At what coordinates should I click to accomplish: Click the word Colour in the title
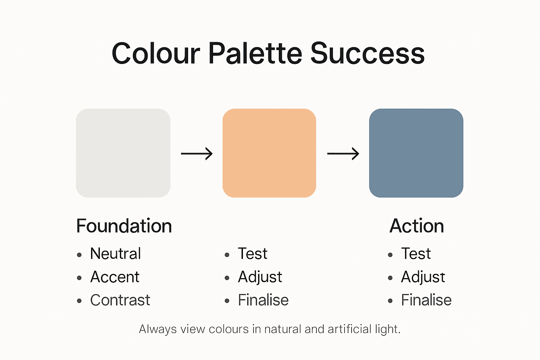pos(156,54)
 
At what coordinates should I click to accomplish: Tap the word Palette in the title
pos(255,54)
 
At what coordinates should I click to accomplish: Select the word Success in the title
pos(367,54)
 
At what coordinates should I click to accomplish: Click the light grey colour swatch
pos(123,153)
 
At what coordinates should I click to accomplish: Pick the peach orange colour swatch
pos(269,153)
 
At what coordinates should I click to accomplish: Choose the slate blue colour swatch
pos(416,153)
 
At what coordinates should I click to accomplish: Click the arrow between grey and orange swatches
pos(197,154)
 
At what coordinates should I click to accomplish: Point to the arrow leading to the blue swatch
pos(343,154)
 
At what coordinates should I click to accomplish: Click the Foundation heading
pos(124,226)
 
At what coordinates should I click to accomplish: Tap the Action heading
pos(417,226)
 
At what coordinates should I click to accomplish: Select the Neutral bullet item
pos(115,253)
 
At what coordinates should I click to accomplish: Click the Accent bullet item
pos(115,277)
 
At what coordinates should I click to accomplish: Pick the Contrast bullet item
pos(120,300)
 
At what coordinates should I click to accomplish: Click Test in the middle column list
pos(252,253)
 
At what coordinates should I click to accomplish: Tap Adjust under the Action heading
pos(423,277)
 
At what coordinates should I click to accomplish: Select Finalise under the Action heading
pos(426,300)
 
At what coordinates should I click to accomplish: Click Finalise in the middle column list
pos(263,300)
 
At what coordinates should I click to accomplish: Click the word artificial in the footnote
pos(349,329)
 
